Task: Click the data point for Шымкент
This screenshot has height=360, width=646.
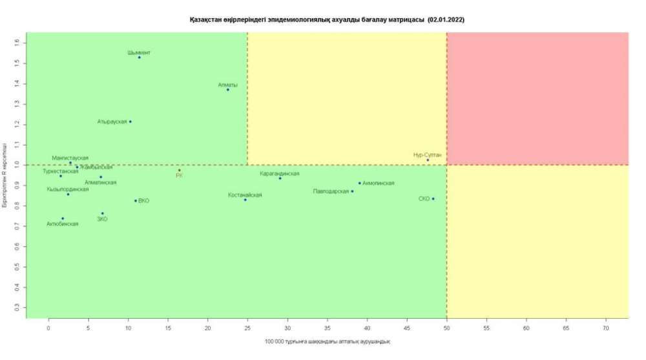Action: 139,58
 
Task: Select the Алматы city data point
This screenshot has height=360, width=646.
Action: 227,90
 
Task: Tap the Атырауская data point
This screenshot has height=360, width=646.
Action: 130,122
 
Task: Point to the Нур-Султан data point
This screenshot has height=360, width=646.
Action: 428,160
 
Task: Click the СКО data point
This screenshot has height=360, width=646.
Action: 433,199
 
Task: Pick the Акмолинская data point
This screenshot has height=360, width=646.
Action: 360,183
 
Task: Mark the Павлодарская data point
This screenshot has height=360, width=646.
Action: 352,191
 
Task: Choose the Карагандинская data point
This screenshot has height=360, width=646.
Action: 280,178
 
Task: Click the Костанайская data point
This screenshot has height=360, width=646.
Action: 245,200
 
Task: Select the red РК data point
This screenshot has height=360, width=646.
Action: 180,171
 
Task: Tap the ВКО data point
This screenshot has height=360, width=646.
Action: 136,201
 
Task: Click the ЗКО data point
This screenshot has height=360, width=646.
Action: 102,213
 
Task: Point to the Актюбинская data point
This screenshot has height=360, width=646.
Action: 63,218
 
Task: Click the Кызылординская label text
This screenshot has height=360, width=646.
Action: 68,189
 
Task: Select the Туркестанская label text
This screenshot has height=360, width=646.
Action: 61,171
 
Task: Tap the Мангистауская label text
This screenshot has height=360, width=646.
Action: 70,158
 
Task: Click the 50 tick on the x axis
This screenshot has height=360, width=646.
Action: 446,329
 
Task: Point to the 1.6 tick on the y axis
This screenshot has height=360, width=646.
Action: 17,43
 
